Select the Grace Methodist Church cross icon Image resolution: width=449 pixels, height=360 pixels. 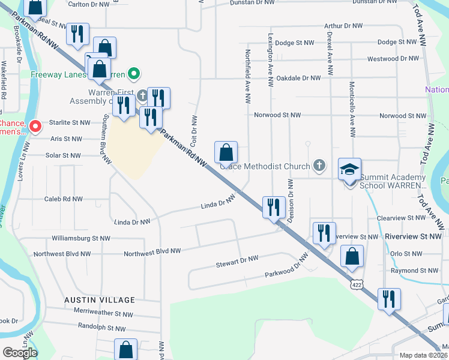tap(320, 166)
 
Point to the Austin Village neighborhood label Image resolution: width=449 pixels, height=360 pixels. tap(101, 299)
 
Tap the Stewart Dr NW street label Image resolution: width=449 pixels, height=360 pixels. tap(237, 261)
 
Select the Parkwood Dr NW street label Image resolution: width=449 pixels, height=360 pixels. tap(286, 268)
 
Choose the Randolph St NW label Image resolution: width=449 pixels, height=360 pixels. tap(101, 328)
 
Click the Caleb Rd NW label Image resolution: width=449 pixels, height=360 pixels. tap(64, 199)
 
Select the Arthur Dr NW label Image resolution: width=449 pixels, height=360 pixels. tap(343, 26)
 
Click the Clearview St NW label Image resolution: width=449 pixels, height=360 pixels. tap(414, 218)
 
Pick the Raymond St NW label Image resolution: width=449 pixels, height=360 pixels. tap(414, 271)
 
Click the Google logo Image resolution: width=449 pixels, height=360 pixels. tap(20, 352)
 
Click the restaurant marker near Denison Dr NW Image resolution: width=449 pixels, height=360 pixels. tap(273, 207)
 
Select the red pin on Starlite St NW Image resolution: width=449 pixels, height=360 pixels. tap(35, 126)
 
